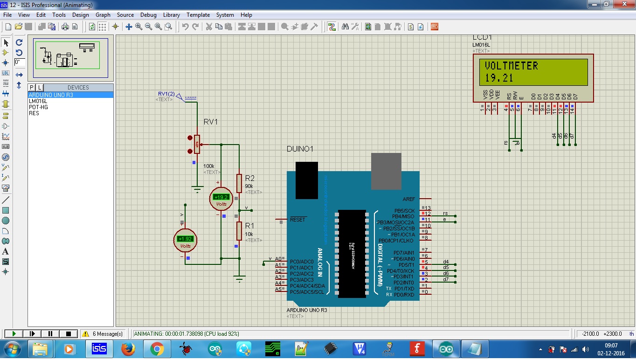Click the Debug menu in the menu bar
[x=148, y=15]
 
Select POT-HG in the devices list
[x=38, y=107]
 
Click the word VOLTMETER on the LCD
[x=511, y=66]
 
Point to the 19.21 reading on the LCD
[x=498, y=78]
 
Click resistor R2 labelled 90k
[x=239, y=183]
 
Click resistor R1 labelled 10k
[x=239, y=231]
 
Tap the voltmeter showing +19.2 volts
[x=221, y=198]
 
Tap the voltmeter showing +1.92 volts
[x=185, y=240]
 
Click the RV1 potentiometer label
[x=211, y=122]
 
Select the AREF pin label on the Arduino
[x=408, y=199]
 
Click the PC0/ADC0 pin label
[x=301, y=262]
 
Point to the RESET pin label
[x=297, y=219]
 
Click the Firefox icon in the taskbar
[x=128, y=349]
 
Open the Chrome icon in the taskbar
[x=157, y=349]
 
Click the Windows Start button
[x=11, y=349]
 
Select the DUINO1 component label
[x=300, y=149]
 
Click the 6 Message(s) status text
[x=107, y=334]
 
